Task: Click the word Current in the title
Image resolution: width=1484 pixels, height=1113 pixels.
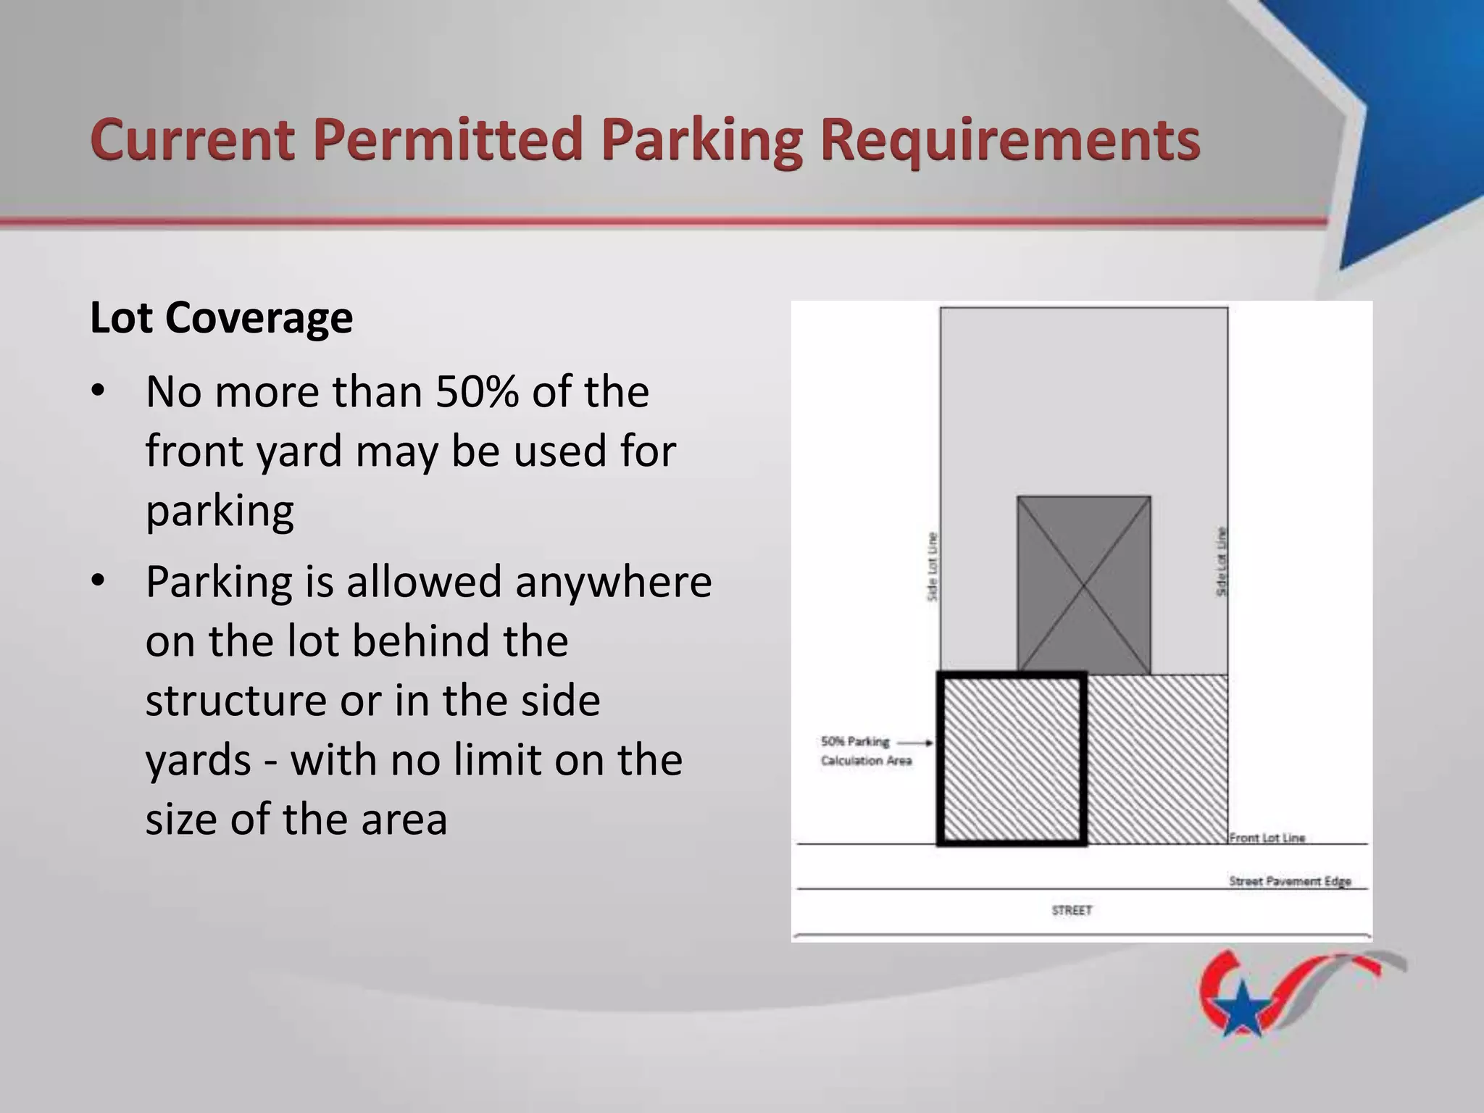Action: click(x=192, y=140)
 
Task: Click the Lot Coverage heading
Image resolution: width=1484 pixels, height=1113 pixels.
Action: click(x=221, y=317)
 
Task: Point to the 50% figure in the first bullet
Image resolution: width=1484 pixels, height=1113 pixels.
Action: click(x=477, y=392)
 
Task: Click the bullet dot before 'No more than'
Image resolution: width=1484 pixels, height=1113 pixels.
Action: click(x=99, y=392)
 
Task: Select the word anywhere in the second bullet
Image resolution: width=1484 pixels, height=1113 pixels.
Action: click(x=613, y=582)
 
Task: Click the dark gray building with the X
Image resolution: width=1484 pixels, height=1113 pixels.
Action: click(x=1083, y=585)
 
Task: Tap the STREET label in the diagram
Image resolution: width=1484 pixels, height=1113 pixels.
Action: click(x=1072, y=910)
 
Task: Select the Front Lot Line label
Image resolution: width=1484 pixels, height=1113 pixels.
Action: click(x=1267, y=838)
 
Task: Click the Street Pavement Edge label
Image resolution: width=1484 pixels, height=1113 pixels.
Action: click(x=1290, y=881)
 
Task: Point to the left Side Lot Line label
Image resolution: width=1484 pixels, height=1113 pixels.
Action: click(x=933, y=567)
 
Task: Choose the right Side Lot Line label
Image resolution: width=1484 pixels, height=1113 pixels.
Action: click(x=1221, y=562)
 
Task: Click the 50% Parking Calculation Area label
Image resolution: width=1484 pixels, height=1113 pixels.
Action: click(x=865, y=751)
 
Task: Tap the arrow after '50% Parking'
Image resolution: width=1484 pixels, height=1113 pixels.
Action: click(x=918, y=742)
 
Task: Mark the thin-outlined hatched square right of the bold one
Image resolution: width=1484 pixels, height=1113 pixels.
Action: click(x=1157, y=759)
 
